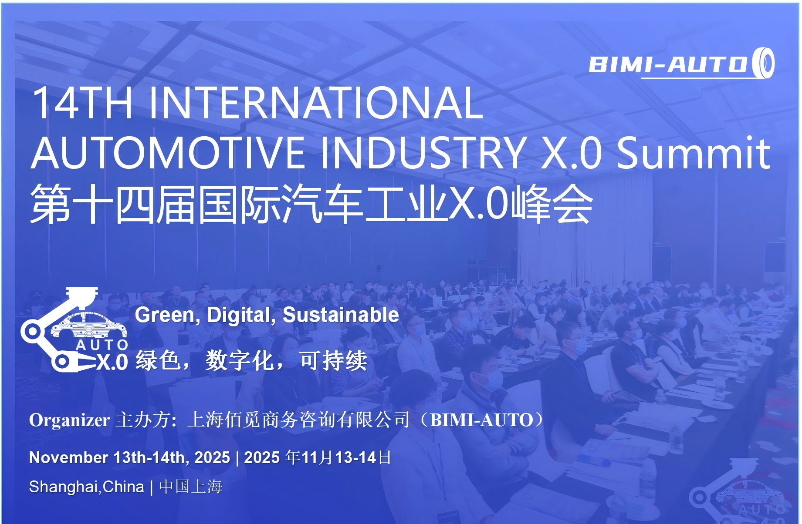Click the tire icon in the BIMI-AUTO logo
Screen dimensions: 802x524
pos(763,63)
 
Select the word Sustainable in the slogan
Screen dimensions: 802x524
pos(341,315)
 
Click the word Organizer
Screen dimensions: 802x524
pos(69,420)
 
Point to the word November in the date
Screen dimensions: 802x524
pos(68,457)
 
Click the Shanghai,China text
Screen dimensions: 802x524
pos(86,487)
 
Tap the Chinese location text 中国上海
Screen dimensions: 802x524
pos(191,486)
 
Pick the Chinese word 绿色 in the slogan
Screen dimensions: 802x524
pos(158,360)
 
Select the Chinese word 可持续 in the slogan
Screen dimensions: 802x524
pos(333,360)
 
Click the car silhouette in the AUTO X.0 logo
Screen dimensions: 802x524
pos(89,325)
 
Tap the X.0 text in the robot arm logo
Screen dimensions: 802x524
pos(112,362)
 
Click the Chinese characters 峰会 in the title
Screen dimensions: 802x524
pos(552,204)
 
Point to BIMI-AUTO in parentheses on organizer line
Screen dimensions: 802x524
pos(481,420)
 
